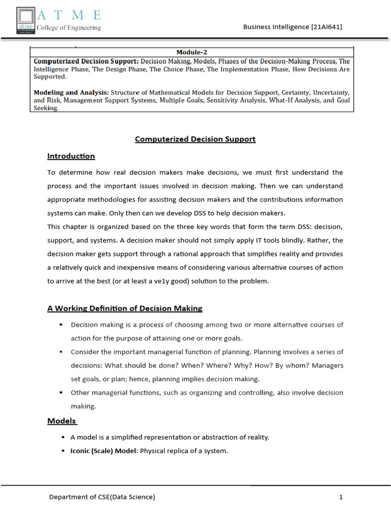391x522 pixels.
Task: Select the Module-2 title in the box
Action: pos(191,52)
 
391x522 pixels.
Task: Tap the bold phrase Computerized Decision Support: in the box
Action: pos(86,61)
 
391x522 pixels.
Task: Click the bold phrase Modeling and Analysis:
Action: pos(71,92)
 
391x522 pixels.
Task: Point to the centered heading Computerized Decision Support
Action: pos(195,139)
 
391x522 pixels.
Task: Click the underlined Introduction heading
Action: pos(71,156)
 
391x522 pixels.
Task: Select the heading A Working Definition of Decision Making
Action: pos(125,308)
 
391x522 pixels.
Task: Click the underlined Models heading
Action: pos(62,421)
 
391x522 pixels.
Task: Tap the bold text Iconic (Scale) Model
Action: pos(104,451)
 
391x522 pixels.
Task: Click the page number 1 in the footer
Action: pos(341,497)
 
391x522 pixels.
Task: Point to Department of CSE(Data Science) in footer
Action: pos(102,497)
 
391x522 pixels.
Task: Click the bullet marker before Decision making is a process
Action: pos(61,325)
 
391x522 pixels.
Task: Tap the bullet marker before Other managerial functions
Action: pos(61,393)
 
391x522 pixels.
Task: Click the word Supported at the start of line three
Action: pos(50,76)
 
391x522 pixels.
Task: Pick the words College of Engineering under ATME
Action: pos(68,28)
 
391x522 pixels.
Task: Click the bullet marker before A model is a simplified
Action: pos(63,437)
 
